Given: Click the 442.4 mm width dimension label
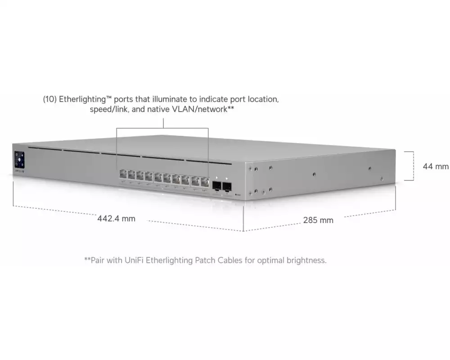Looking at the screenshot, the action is (116, 219).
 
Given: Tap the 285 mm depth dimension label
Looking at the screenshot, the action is (318, 220).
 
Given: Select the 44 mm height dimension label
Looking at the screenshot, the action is (436, 166).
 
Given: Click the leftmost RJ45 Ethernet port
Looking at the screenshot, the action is (123, 174).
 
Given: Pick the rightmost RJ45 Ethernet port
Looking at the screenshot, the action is (205, 182).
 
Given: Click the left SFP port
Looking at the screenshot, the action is (217, 186).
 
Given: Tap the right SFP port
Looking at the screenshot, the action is (227, 187).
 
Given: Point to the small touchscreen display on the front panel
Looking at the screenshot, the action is (19, 160).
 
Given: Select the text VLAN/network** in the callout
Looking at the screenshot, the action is (203, 109).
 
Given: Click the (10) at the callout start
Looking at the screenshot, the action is (50, 99).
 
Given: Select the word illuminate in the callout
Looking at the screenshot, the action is (171, 99).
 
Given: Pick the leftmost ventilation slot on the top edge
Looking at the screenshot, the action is (45, 148).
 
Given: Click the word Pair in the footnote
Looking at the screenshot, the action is (97, 261).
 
